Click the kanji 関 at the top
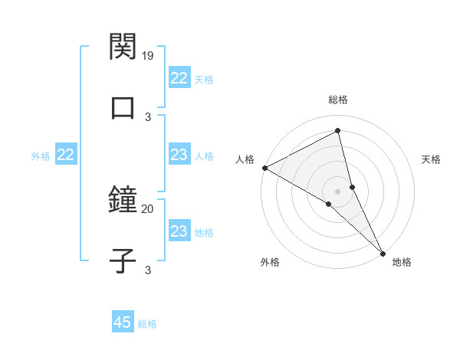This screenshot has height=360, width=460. pyautogui.click(x=123, y=47)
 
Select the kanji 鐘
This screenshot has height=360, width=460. pyautogui.click(x=123, y=199)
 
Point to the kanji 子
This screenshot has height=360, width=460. pyautogui.click(x=123, y=260)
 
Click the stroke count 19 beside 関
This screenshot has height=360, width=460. pyautogui.click(x=148, y=56)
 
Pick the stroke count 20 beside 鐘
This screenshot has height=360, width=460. pyautogui.click(x=148, y=208)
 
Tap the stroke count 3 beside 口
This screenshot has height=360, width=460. pyautogui.click(x=148, y=116)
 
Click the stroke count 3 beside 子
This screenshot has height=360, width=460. pyautogui.click(x=148, y=269)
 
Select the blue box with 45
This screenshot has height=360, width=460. pyautogui.click(x=123, y=322)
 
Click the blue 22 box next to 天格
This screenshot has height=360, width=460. pyautogui.click(x=179, y=78)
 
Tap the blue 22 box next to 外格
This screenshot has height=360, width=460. pyautogui.click(x=65, y=155)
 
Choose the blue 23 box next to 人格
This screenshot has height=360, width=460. pyautogui.click(x=179, y=155)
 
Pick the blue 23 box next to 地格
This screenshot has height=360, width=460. pyautogui.click(x=179, y=232)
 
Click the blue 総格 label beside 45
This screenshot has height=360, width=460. pyautogui.click(x=147, y=324)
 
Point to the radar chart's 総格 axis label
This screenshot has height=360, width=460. pyautogui.click(x=338, y=100)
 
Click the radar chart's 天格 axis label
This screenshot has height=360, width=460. pyautogui.click(x=432, y=159)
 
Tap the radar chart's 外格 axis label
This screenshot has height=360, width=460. pyautogui.click(x=270, y=262)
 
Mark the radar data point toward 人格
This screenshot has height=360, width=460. pyautogui.click(x=264, y=168)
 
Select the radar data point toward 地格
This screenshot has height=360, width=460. pyautogui.click(x=383, y=253)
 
